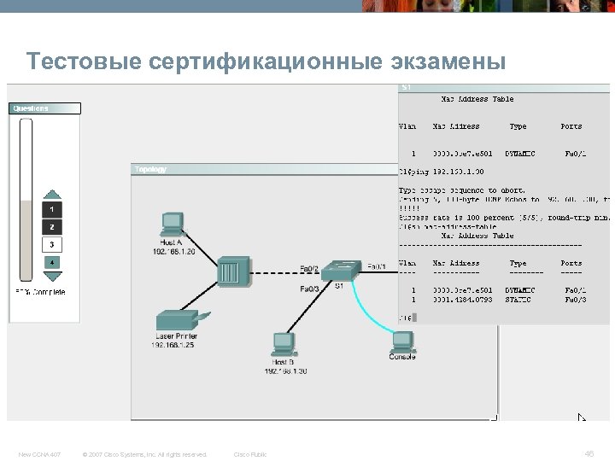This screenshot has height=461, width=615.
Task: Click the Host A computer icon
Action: click(x=173, y=223)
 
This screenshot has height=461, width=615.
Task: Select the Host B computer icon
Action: click(x=282, y=345)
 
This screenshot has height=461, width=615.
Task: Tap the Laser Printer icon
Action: click(x=176, y=323)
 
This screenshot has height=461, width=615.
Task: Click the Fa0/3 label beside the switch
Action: click(x=310, y=289)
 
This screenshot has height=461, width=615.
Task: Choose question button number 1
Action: click(x=52, y=209)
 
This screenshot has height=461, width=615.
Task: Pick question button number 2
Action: click(x=52, y=227)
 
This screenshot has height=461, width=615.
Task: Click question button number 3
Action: click(x=52, y=244)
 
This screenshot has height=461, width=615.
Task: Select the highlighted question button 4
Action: click(x=52, y=261)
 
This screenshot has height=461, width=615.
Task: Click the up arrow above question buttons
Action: click(x=52, y=195)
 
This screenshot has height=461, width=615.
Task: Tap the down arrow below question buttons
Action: click(x=52, y=276)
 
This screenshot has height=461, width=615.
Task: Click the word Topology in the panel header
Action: click(x=150, y=169)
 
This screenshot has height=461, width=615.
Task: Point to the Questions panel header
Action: click(x=31, y=108)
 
